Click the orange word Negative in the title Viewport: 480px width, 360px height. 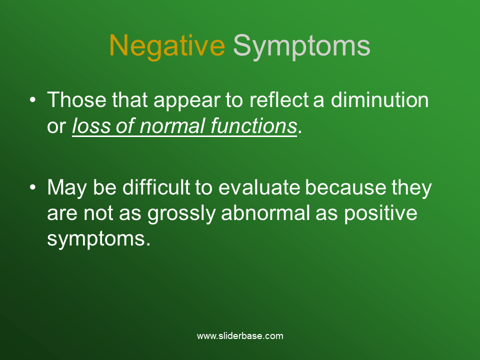(166, 46)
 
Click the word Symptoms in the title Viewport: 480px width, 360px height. (301, 46)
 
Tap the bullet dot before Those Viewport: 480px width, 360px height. (32, 100)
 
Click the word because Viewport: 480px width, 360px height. (345, 188)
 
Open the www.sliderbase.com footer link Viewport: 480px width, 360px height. (240, 336)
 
